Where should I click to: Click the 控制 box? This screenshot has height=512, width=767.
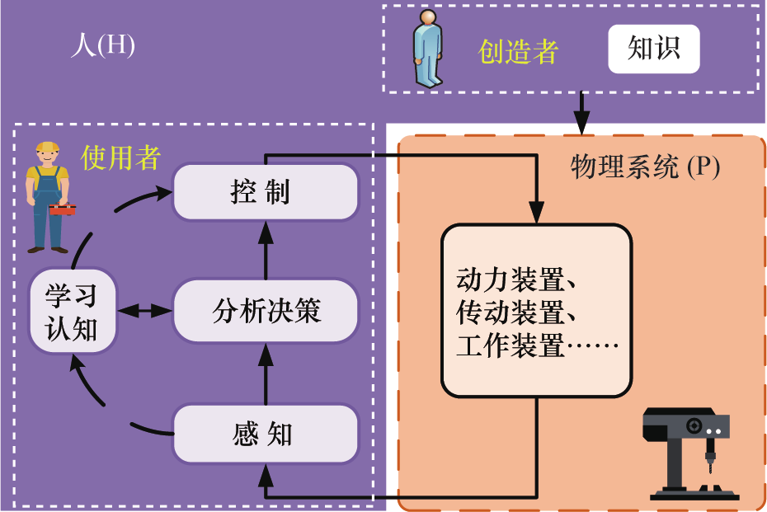266,192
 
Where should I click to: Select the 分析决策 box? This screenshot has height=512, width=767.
266,311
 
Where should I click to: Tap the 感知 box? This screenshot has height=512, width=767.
266,434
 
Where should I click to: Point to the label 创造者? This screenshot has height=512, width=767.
518,51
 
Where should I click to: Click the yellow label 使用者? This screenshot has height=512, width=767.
120,157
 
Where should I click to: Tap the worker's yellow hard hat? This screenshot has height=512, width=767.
46,149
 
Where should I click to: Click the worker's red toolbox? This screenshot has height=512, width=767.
62,208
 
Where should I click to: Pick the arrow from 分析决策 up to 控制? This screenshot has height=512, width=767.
266,251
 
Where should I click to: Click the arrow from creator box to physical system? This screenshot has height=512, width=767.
582,111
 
